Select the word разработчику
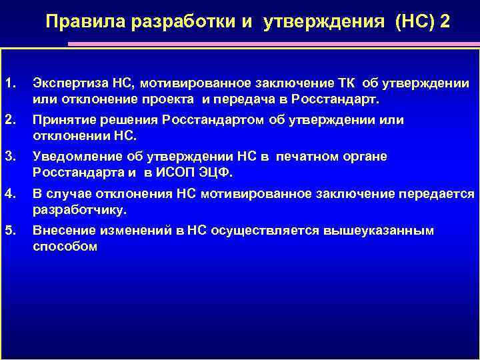pyautogui.click(x=79, y=210)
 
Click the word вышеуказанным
pyautogui.click(x=379, y=231)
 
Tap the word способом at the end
pyautogui.click(x=65, y=247)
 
